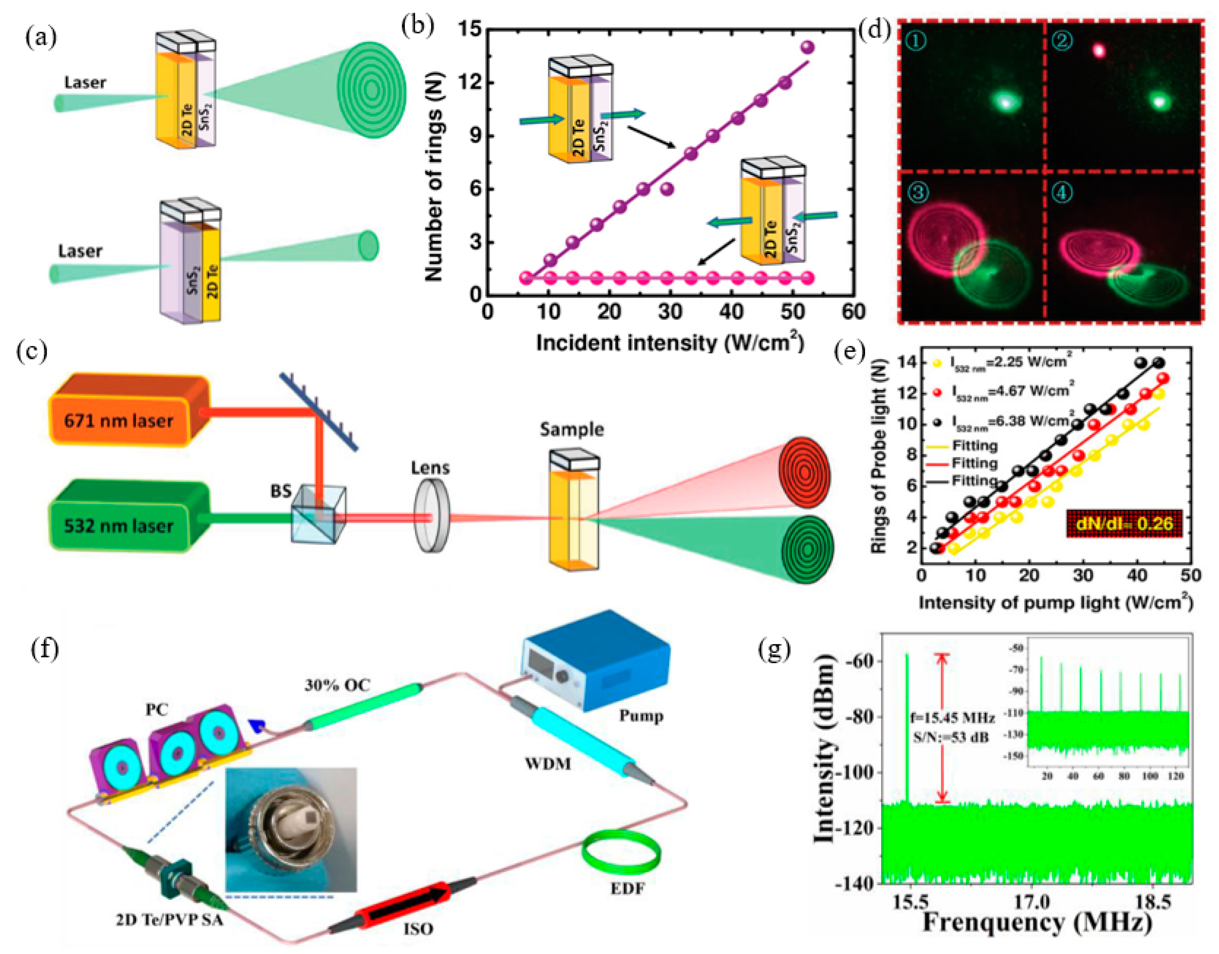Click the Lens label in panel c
click(430, 467)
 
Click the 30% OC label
click(337, 685)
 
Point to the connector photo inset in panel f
click(291, 829)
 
